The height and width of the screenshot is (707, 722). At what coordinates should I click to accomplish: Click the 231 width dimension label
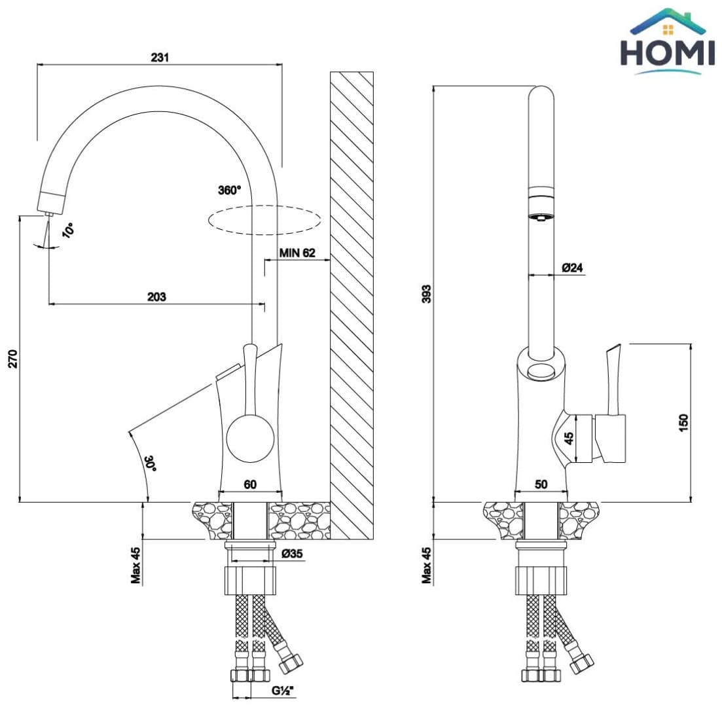click(160, 57)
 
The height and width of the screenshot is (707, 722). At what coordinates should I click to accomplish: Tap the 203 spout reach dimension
click(156, 297)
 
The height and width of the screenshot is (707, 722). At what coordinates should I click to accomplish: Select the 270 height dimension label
click(13, 359)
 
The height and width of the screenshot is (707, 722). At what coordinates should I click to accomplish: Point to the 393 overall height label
click(427, 294)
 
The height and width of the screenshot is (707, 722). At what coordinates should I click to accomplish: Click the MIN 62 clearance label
click(297, 253)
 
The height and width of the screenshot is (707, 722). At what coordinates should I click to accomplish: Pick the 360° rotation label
click(229, 190)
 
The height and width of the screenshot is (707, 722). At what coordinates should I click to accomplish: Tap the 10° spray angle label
click(68, 230)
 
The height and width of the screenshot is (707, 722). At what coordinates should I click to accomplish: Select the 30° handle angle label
click(151, 463)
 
